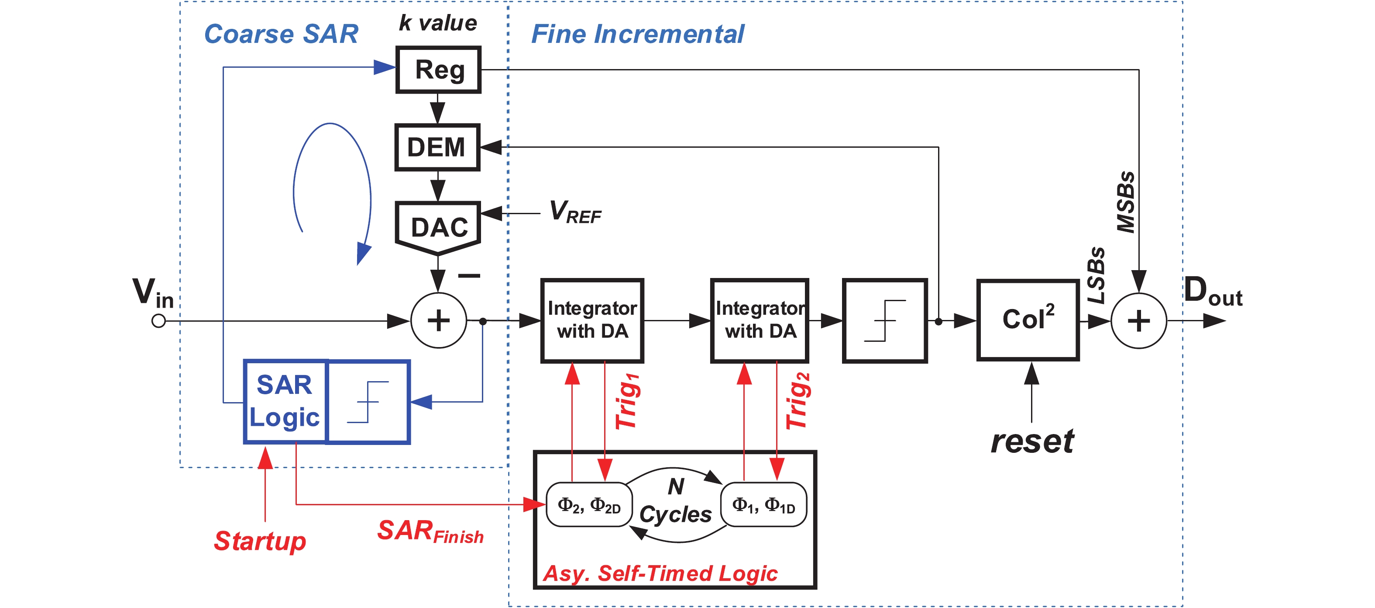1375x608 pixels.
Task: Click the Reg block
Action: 438,70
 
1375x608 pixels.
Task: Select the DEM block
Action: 437,147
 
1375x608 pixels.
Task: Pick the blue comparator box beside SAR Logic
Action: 368,402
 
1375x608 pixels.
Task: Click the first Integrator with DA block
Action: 592,320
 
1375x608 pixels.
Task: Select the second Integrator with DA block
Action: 760,320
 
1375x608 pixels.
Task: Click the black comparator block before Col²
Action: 884,320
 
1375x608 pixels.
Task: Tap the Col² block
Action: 1028,320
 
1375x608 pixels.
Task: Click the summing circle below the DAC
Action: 438,320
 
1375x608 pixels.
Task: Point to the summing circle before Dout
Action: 1138,320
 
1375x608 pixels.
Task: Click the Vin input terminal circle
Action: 158,321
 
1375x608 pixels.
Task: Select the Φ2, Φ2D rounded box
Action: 589,505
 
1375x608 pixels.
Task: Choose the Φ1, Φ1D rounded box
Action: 763,505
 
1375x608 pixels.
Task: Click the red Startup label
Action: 260,541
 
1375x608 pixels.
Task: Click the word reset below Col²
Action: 1032,441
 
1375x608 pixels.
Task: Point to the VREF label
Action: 575,212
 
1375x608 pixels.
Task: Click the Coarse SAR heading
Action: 281,34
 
